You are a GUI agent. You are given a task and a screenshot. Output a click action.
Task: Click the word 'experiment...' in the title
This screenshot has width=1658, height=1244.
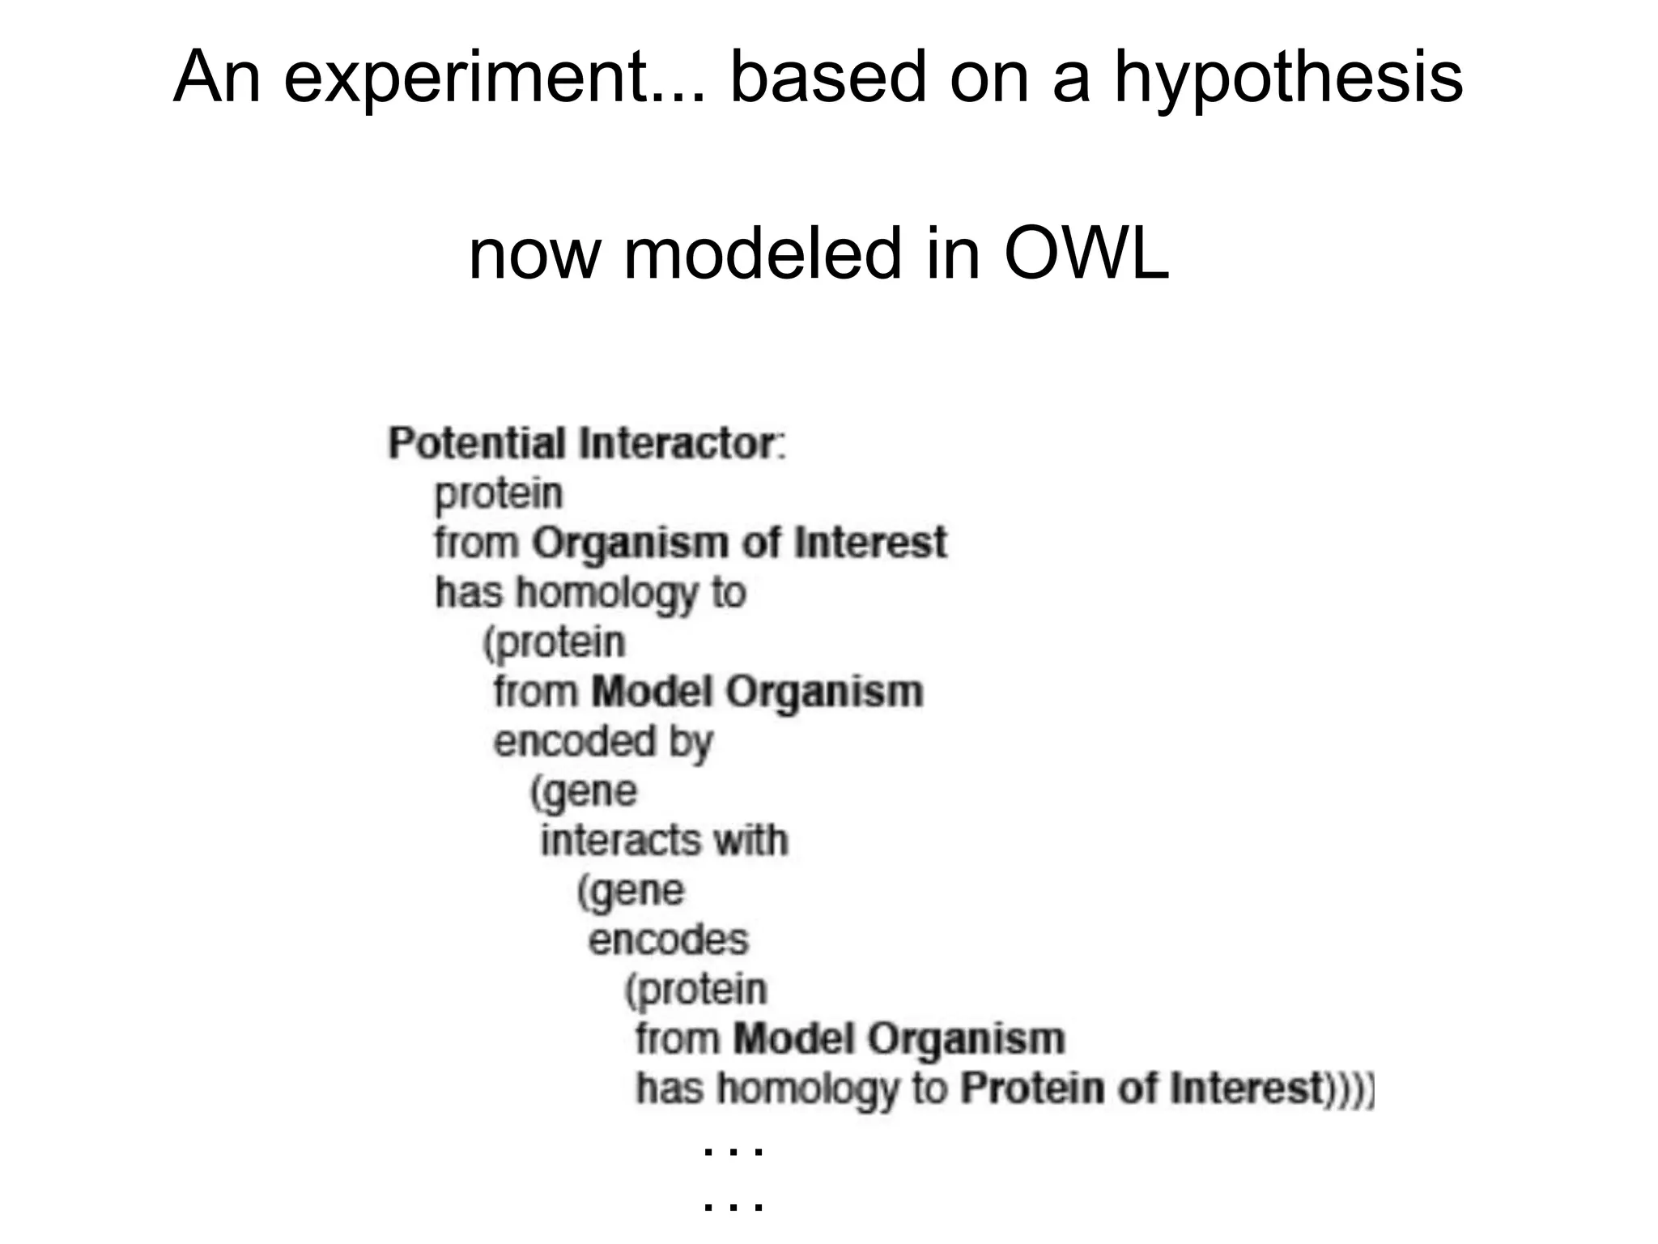click(x=494, y=78)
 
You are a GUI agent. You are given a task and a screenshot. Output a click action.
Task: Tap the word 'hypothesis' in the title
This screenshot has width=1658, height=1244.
click(x=1289, y=78)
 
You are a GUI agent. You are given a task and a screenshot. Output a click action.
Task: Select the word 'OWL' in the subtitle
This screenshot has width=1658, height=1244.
click(x=1086, y=253)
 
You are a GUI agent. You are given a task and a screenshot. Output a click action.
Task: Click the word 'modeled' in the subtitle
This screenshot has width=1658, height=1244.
click(x=763, y=253)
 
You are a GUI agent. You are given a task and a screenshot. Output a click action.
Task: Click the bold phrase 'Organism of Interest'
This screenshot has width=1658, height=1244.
click(x=738, y=543)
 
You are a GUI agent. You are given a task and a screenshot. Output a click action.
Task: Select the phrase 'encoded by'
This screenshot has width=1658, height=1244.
click(x=603, y=742)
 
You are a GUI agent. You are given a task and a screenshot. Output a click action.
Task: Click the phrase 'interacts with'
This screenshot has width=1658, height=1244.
click(x=664, y=840)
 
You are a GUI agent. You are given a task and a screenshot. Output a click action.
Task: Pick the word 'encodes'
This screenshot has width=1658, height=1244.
click(x=668, y=939)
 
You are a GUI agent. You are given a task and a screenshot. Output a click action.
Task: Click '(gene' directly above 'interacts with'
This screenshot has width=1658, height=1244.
click(x=584, y=791)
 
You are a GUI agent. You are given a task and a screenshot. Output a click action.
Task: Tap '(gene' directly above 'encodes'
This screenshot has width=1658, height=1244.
click(x=631, y=891)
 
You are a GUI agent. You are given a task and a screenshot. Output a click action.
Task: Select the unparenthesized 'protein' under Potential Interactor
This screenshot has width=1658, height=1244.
click(x=498, y=493)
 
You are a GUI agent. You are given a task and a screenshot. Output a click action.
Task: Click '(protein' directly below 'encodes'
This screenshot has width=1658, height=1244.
click(x=696, y=990)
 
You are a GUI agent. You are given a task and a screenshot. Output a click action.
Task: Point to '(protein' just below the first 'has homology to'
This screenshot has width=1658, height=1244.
click(x=555, y=643)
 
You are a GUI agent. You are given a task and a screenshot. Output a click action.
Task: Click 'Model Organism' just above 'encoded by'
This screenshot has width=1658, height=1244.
click(x=757, y=692)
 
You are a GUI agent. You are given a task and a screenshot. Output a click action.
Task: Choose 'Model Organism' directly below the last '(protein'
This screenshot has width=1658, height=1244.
click(x=899, y=1038)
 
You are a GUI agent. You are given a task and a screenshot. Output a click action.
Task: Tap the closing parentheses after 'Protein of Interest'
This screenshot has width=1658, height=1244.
click(x=1350, y=1088)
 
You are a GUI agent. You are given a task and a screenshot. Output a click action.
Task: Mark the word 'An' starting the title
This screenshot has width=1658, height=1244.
click(x=216, y=78)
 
